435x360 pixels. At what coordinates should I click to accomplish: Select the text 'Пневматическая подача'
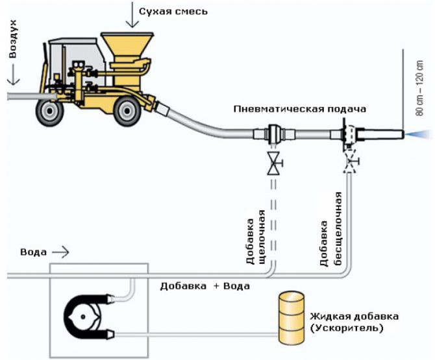(300, 108)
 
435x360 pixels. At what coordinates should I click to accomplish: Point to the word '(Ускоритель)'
(347, 329)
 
